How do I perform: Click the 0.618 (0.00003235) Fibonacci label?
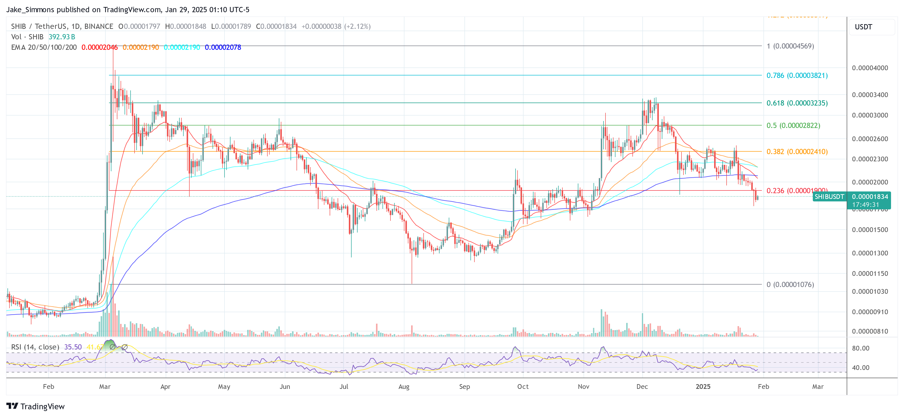pos(797,103)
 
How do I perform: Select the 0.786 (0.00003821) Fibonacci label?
pos(797,75)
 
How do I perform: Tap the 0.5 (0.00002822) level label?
pos(793,125)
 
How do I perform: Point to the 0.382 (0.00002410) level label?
pos(797,152)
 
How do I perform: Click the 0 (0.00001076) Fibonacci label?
pos(790,284)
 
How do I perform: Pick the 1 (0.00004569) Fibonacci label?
pos(790,46)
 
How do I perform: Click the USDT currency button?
pos(863,27)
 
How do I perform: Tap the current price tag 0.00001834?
pos(870,197)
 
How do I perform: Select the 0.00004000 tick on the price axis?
pos(870,68)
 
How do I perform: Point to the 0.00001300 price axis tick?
pos(870,253)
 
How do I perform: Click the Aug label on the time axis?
pos(404,386)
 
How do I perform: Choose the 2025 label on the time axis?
pos(703,386)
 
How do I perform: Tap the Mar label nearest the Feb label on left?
pos(105,386)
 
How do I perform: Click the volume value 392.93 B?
pos(62,37)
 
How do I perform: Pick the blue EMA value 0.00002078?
pos(223,47)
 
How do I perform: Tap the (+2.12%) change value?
pos(357,26)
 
